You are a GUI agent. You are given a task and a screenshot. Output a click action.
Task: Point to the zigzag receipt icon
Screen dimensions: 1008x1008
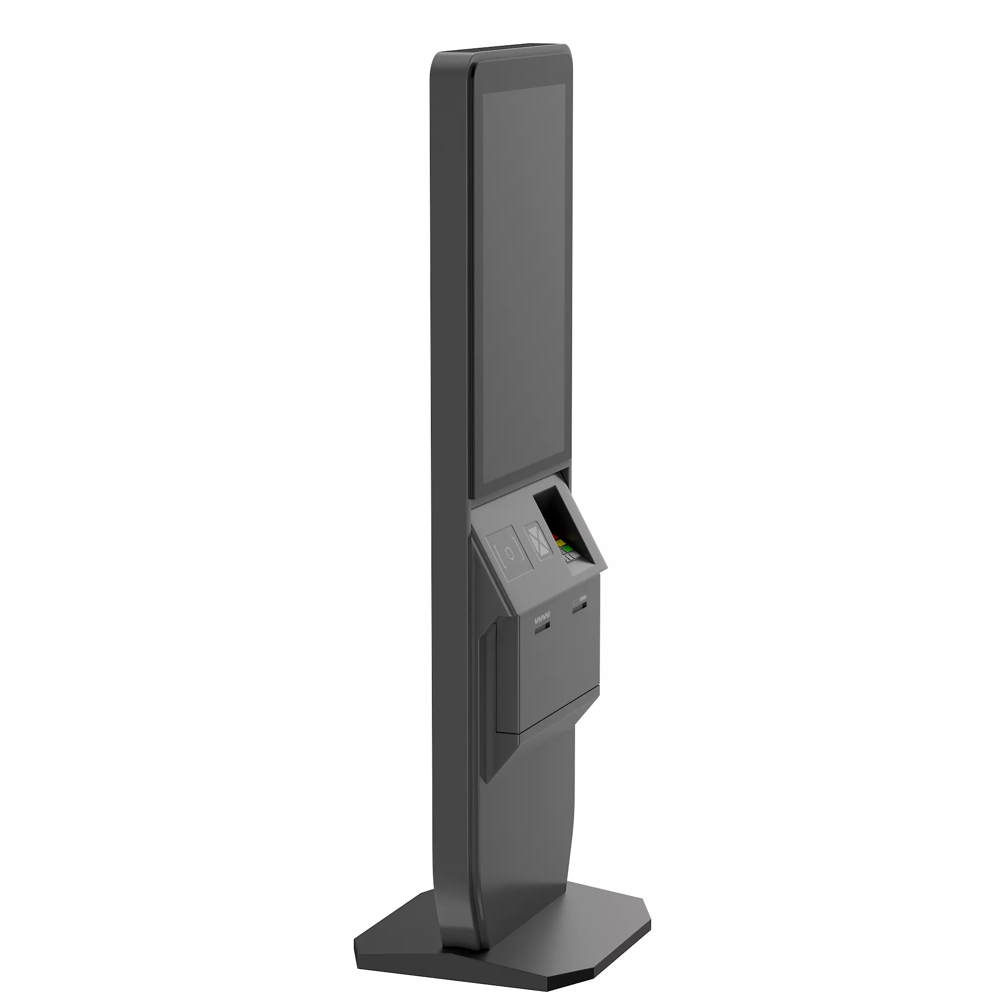542,621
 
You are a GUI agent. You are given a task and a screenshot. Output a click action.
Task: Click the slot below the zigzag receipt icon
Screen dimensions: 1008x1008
542,629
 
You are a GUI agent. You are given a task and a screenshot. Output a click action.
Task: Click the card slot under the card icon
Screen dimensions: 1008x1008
580,607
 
